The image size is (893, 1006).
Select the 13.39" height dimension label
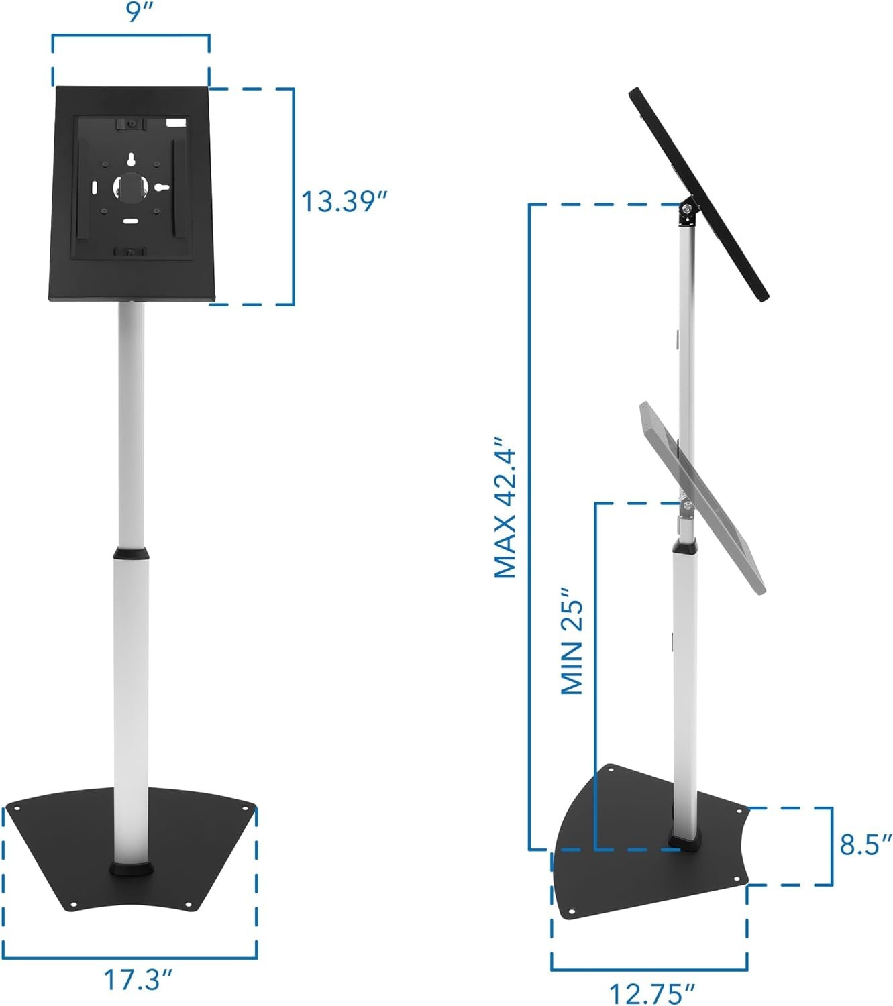(x=344, y=201)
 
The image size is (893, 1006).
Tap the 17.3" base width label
(x=137, y=981)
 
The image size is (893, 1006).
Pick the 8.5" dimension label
(x=865, y=845)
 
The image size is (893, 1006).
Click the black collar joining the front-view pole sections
(x=131, y=554)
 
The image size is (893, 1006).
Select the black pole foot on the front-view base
(x=132, y=869)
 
